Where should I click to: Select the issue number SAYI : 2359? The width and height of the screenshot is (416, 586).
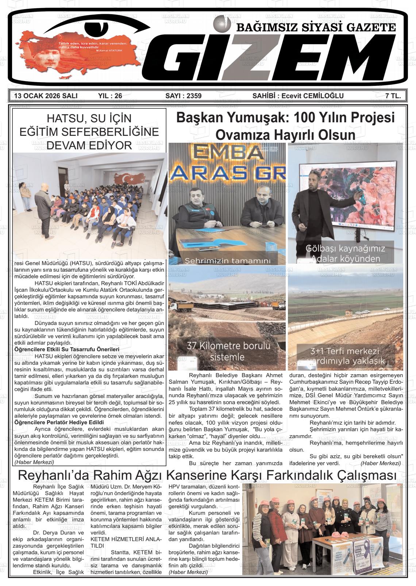tap(183, 96)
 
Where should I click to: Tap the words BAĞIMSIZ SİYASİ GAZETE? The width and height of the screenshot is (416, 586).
tap(316, 28)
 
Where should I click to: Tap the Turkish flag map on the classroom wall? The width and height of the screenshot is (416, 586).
tap(129, 179)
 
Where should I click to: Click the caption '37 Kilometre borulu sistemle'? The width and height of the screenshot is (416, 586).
tap(228, 351)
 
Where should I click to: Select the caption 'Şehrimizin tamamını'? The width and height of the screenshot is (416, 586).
tap(228, 261)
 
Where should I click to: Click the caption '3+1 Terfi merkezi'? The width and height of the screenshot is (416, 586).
tap(344, 352)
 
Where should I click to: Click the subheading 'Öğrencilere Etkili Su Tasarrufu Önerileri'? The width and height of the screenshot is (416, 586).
tap(67, 349)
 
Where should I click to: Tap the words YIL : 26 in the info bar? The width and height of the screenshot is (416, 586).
tap(110, 96)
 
